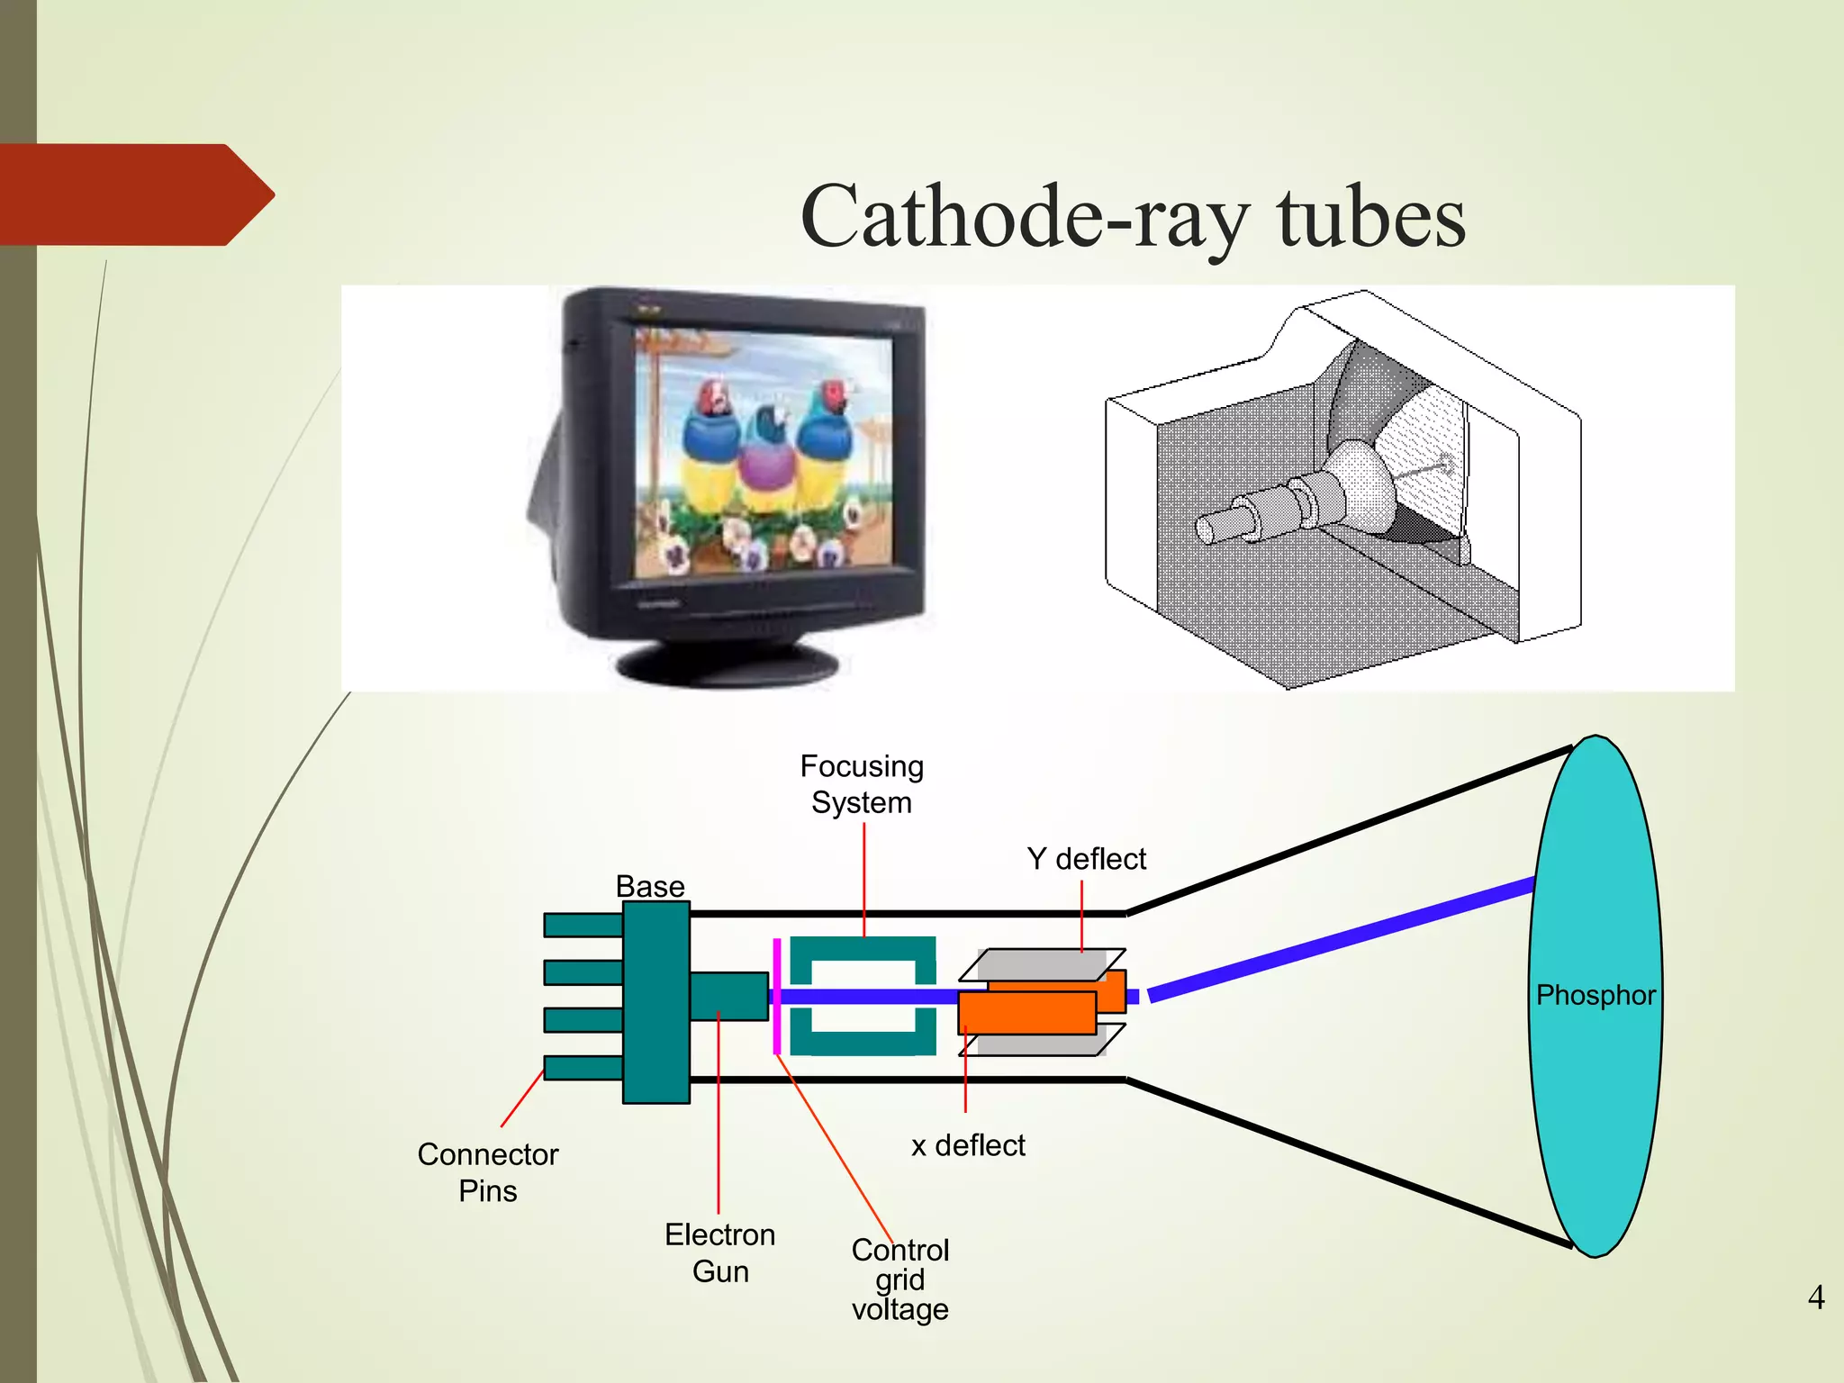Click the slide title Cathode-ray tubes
tap(1133, 217)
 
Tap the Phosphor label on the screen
tap(1595, 995)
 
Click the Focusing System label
tap(862, 783)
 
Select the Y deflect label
tap(1086, 859)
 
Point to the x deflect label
tap(968, 1145)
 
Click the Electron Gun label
tap(719, 1252)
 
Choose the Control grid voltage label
tap(899, 1279)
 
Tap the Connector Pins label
tap(487, 1172)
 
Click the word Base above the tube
tap(650, 886)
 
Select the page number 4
tap(1815, 1297)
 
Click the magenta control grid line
tap(776, 995)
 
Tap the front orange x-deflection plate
tap(1026, 1013)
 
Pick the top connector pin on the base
tap(583, 925)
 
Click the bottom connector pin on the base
tap(583, 1068)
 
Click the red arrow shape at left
tap(135, 194)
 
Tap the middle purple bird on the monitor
tap(767, 459)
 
